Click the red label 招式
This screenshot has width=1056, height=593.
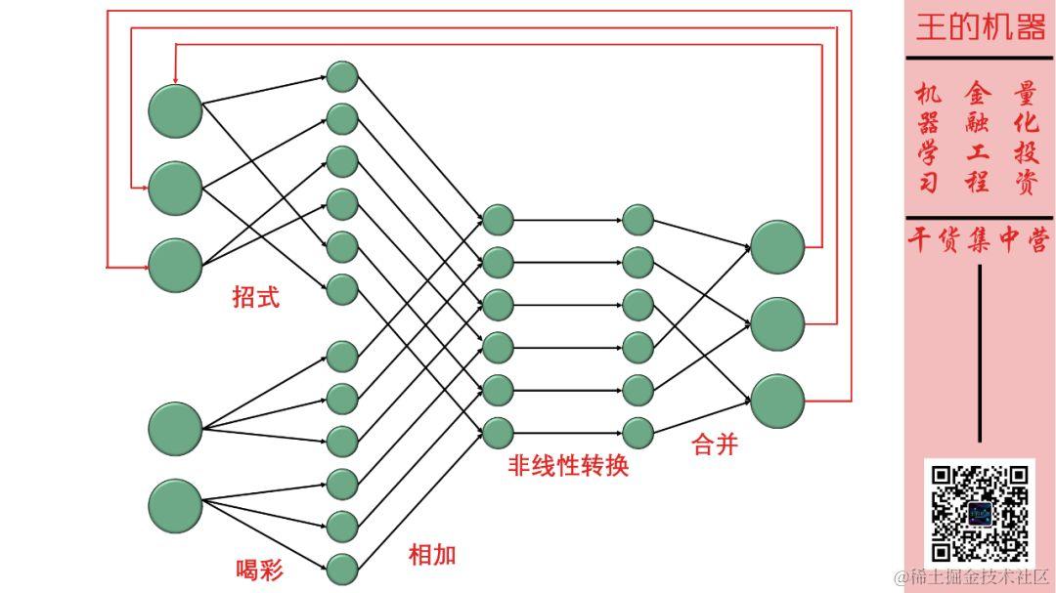(x=255, y=297)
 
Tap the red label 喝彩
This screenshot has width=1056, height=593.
(x=259, y=569)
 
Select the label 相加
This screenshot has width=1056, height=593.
(x=432, y=555)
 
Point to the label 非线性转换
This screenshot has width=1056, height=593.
(x=568, y=465)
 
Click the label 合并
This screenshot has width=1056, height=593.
(x=714, y=445)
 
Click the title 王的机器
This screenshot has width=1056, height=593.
(x=980, y=27)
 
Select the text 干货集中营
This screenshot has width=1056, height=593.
(x=980, y=240)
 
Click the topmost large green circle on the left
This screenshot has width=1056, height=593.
(x=175, y=111)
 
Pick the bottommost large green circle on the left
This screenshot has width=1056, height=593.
(x=175, y=505)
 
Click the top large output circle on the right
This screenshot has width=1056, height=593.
(x=777, y=246)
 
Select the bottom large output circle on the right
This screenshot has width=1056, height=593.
(x=777, y=401)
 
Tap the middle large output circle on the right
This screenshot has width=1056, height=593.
(x=777, y=323)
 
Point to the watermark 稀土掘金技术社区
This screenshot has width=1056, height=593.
(x=971, y=577)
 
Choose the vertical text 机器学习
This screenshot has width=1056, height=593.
(x=928, y=138)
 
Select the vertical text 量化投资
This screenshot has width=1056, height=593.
(x=1026, y=138)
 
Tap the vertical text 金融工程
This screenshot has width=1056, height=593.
(x=977, y=138)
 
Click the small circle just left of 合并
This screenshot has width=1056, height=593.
(x=638, y=432)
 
